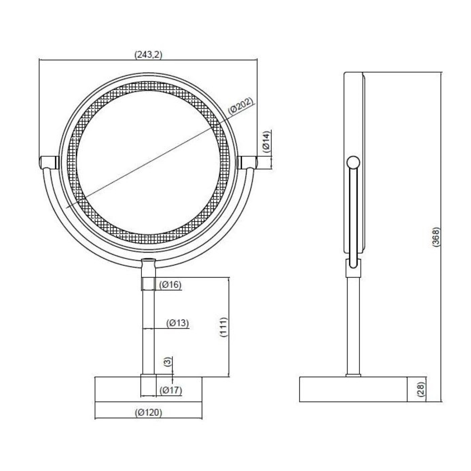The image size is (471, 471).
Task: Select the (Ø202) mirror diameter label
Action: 241,106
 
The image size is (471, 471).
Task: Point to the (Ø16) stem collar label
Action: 170,285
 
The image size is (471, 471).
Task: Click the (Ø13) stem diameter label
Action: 177,323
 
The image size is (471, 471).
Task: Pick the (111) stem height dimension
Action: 223,327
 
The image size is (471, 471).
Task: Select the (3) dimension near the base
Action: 168,361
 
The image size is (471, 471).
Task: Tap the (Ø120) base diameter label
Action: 149,413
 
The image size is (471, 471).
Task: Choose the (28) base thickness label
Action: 421,389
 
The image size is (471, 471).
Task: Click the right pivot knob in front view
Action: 248,162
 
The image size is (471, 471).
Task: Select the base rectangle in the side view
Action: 353,389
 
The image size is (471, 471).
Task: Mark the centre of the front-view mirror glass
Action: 148,162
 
